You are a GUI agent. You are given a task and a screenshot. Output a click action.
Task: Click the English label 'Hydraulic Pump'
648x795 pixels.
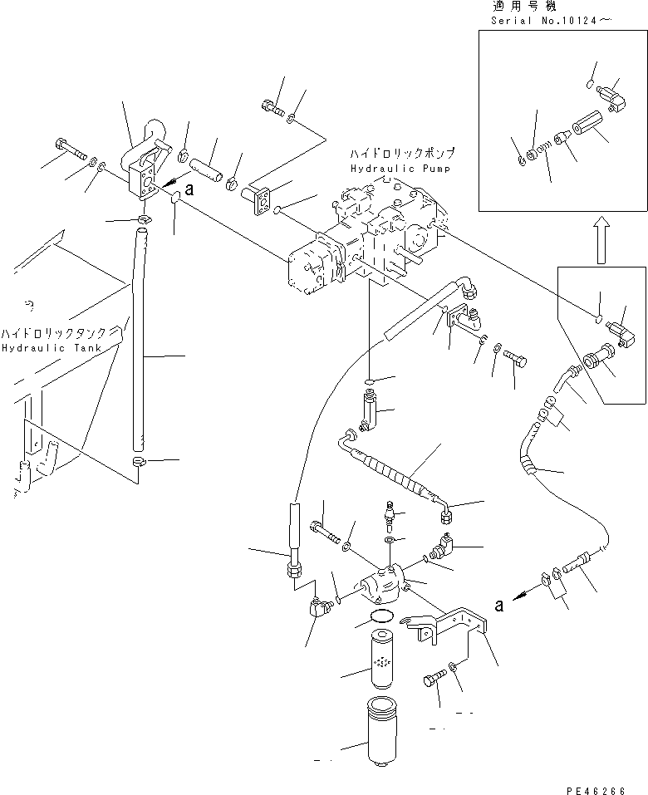400,169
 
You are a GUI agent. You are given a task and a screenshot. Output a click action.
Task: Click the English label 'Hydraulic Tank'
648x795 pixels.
52,348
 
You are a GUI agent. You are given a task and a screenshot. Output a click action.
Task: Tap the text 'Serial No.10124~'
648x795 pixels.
551,21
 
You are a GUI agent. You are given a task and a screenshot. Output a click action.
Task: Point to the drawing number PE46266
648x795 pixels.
595,789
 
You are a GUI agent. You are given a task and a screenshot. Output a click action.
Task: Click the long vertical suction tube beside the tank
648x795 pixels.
139,339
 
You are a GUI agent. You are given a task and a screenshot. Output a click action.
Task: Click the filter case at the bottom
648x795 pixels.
382,730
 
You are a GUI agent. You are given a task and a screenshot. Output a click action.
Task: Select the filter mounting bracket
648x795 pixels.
444,625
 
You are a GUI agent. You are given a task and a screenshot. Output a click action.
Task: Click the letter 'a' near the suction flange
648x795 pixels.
189,189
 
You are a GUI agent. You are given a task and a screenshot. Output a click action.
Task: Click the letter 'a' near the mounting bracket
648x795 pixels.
499,605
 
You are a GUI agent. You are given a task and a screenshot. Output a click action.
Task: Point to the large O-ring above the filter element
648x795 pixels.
381,616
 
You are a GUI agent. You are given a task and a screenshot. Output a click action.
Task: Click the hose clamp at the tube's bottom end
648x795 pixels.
139,461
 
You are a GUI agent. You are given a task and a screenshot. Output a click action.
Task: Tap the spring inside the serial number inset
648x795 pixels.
543,149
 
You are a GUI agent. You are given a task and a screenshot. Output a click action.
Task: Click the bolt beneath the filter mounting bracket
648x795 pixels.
434,679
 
